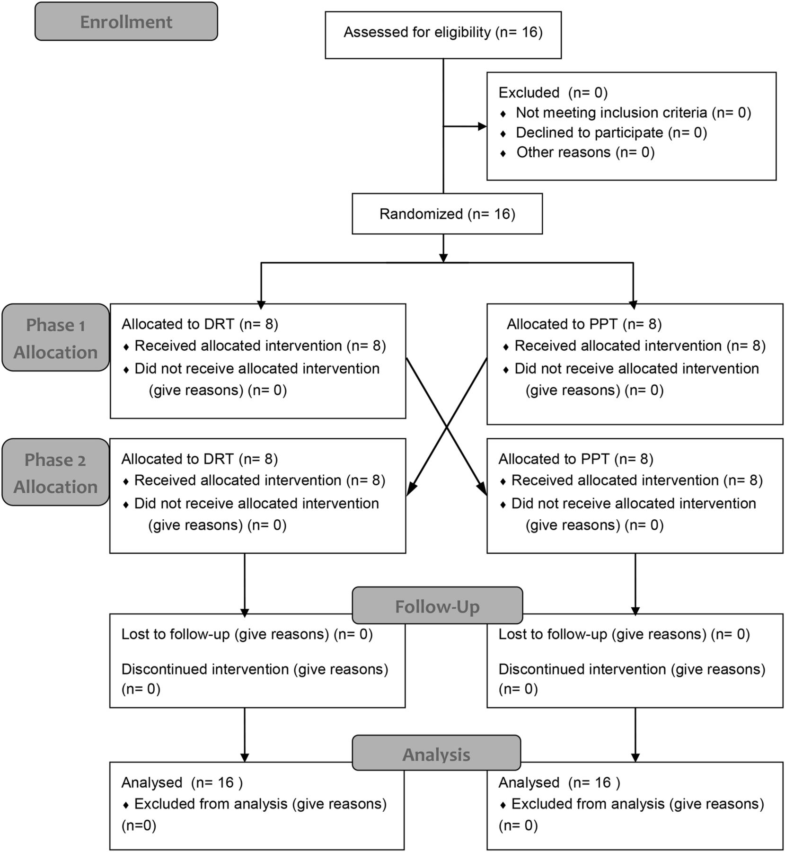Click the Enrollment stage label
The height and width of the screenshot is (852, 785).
126,21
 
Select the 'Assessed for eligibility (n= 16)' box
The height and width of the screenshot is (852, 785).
443,35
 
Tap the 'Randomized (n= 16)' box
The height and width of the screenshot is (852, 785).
447,213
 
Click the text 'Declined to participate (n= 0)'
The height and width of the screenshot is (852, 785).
611,133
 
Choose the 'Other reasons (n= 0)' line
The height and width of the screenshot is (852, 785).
585,152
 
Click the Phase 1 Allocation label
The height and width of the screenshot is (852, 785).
55,337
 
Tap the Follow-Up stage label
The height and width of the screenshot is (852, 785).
437,605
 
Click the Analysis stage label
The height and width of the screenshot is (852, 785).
436,753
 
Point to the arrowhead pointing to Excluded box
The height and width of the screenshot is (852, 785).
483,126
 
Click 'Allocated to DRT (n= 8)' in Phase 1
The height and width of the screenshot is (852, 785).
200,324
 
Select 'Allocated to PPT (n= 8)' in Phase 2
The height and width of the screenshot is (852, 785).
576,459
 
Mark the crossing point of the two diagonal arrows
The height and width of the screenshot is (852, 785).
447,427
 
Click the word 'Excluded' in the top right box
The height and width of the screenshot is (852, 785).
529,92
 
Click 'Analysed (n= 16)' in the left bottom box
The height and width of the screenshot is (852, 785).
182,782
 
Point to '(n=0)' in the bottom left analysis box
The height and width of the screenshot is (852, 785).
139,826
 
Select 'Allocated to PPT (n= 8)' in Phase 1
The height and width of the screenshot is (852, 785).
584,324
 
